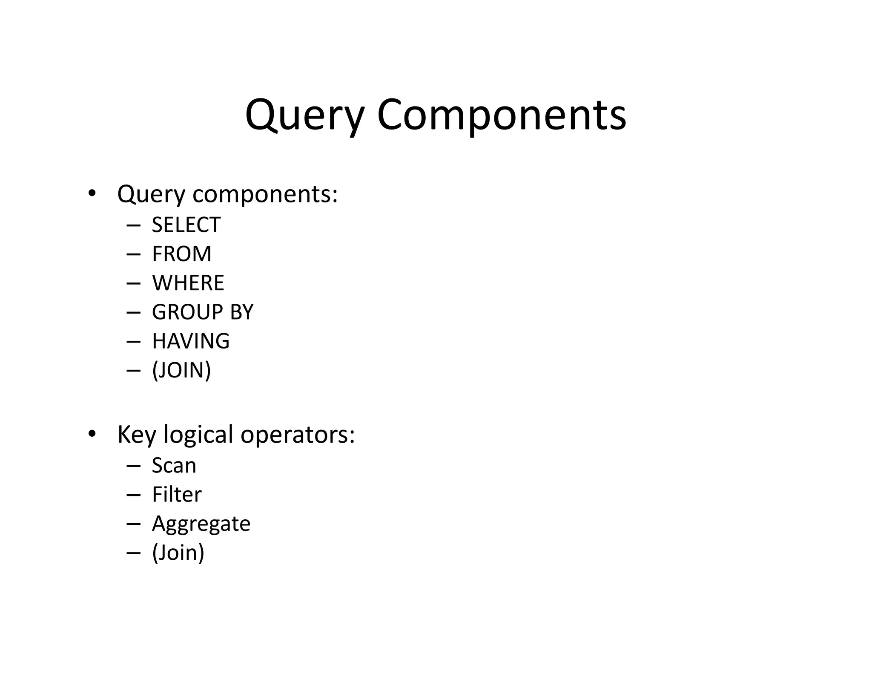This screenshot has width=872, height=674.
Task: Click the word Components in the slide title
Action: pos(501,115)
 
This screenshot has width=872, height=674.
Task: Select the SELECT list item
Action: pos(186,225)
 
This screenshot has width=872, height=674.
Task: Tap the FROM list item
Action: pos(181,254)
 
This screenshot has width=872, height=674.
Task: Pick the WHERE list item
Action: pos(188,283)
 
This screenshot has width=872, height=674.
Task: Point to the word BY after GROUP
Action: pos(241,312)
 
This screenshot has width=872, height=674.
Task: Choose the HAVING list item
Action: pos(190,341)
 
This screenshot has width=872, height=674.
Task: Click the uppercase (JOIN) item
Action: pos(181,370)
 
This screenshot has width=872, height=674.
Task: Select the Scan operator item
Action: pos(174,465)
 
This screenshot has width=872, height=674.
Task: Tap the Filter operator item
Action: pos(176,494)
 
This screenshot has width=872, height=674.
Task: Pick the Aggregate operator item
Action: pos(201,524)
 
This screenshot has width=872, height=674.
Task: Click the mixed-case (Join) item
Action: pos(178,553)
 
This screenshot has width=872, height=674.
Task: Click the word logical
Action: pos(198,435)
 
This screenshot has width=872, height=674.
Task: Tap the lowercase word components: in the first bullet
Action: pos(265,195)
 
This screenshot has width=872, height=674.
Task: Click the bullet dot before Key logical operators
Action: pos(92,434)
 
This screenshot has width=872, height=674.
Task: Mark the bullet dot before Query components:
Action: pos(92,193)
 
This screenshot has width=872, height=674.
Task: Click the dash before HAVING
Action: pos(133,341)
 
